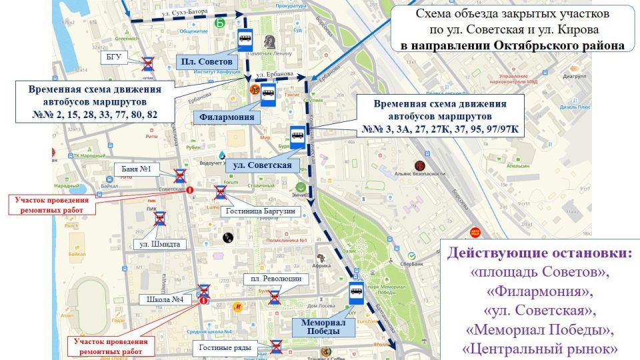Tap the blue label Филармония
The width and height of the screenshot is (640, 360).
227,117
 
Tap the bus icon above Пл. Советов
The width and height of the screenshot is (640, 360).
245,41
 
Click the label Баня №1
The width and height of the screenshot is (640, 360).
137,169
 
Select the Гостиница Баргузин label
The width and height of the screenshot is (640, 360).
259,211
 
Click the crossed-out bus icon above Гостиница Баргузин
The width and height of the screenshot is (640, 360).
220,193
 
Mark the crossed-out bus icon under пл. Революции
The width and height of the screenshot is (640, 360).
273,297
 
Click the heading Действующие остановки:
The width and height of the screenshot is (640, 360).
539,253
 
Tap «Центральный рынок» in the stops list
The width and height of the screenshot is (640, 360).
539,348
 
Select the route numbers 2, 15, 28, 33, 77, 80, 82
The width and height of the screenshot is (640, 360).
95,115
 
